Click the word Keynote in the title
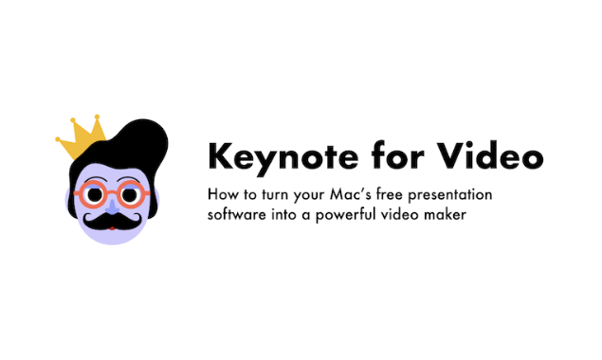[x=267, y=156]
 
